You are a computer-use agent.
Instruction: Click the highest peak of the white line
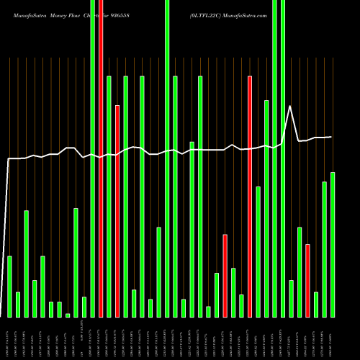coord(290,107)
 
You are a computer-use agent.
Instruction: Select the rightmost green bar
coord(333,245)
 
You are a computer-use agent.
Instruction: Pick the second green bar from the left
coord(18,305)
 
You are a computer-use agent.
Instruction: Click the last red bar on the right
coord(307,281)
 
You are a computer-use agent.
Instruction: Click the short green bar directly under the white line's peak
coord(291,299)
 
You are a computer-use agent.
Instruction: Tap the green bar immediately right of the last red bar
coord(316,305)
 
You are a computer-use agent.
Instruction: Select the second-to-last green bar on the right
coord(324,249)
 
